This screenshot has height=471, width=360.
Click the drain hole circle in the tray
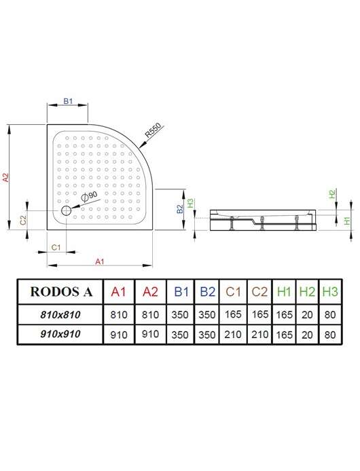(x=66, y=210)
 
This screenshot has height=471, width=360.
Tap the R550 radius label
(x=153, y=130)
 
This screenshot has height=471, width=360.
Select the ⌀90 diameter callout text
(x=90, y=195)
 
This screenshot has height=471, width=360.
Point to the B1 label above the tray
(x=68, y=101)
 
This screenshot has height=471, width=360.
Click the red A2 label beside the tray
(x=5, y=177)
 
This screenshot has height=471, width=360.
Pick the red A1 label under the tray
(x=100, y=262)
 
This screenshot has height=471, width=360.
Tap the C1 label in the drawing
(x=56, y=247)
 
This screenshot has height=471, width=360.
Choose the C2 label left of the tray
(x=23, y=220)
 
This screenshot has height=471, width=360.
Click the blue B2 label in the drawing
(x=179, y=209)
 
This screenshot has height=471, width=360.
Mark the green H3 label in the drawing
(x=190, y=203)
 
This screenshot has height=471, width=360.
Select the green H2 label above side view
(x=332, y=193)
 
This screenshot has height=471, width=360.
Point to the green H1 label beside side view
(x=347, y=221)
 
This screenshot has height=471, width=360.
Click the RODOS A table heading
(x=61, y=292)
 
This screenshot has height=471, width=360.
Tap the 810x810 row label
(x=60, y=314)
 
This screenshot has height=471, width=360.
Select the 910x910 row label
(x=60, y=334)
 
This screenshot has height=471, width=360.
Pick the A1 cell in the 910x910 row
(x=119, y=335)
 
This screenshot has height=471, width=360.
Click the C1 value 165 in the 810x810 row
(x=233, y=314)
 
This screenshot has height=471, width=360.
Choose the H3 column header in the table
(x=330, y=291)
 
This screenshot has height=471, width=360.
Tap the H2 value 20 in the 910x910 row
(x=307, y=335)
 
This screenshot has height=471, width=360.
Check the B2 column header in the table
(x=207, y=292)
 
